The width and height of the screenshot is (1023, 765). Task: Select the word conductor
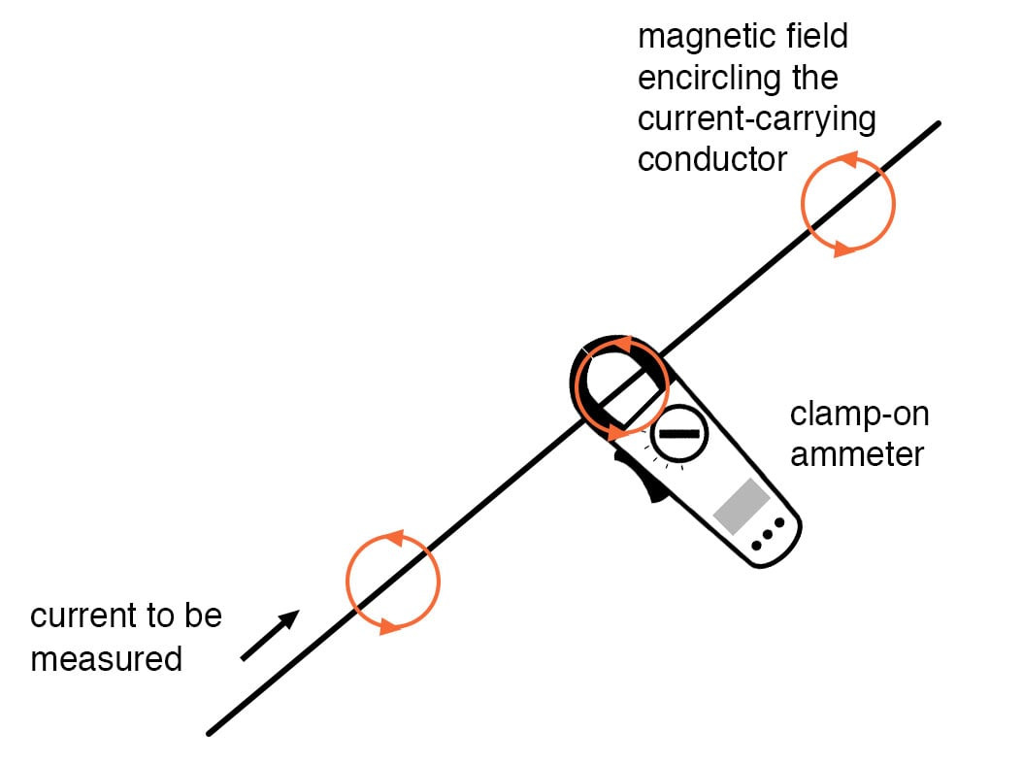[x=711, y=158]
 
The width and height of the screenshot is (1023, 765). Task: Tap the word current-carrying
[x=756, y=118]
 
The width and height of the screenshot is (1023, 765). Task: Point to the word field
[x=817, y=37]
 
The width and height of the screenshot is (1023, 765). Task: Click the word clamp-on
[x=859, y=415]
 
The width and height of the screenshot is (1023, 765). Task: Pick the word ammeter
[x=856, y=453]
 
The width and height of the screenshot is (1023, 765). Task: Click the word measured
[x=106, y=659]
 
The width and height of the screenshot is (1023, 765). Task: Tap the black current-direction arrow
[x=271, y=636]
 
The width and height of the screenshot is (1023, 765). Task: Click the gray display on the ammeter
[x=742, y=506]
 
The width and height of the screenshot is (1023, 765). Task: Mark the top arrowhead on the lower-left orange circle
[x=393, y=537]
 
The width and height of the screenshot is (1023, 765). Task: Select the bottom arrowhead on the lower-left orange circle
[x=389, y=626]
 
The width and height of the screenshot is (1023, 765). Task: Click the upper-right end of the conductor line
[x=938, y=125]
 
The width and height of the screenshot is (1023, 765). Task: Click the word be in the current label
[x=205, y=616]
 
